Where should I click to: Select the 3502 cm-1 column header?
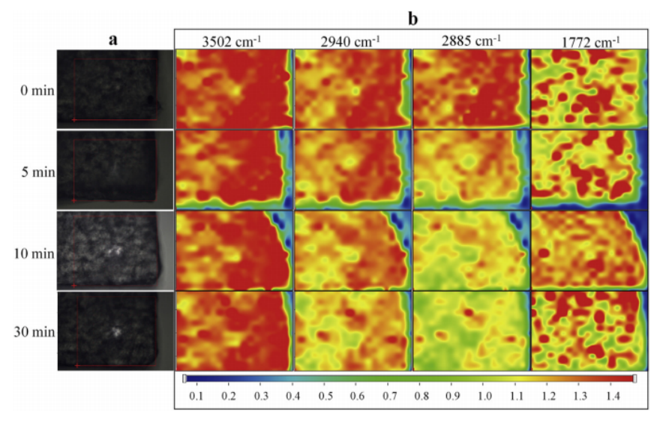[x=232, y=41]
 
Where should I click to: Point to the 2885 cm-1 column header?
[x=471, y=41]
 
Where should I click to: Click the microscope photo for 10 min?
[x=115, y=251]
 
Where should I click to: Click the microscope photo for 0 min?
[x=115, y=89]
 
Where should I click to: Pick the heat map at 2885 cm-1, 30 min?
[x=470, y=330]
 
